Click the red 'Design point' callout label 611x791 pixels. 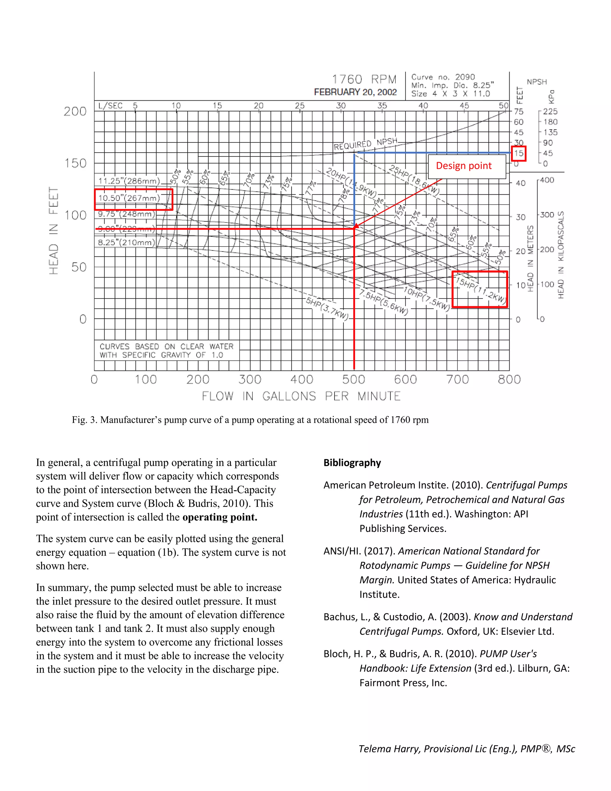click(x=463, y=166)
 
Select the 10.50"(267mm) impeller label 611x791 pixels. click(x=129, y=198)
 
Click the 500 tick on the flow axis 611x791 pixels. click(x=354, y=380)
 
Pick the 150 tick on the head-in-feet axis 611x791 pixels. click(x=75, y=163)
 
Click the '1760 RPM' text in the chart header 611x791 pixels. click(x=364, y=79)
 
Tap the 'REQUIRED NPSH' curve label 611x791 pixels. click(x=365, y=144)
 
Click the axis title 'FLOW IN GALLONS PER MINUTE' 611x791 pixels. click(x=301, y=396)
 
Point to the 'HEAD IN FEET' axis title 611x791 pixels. click(x=54, y=231)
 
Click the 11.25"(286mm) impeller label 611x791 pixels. click(x=129, y=181)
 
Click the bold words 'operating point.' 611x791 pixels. click(x=220, y=517)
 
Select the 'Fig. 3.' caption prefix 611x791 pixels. click(x=85, y=420)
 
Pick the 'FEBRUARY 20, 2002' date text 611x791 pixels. click(x=355, y=92)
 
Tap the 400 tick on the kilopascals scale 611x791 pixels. click(x=547, y=180)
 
